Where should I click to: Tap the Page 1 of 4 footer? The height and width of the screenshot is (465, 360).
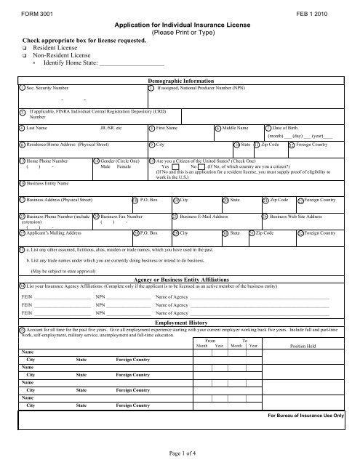(180, 454)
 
